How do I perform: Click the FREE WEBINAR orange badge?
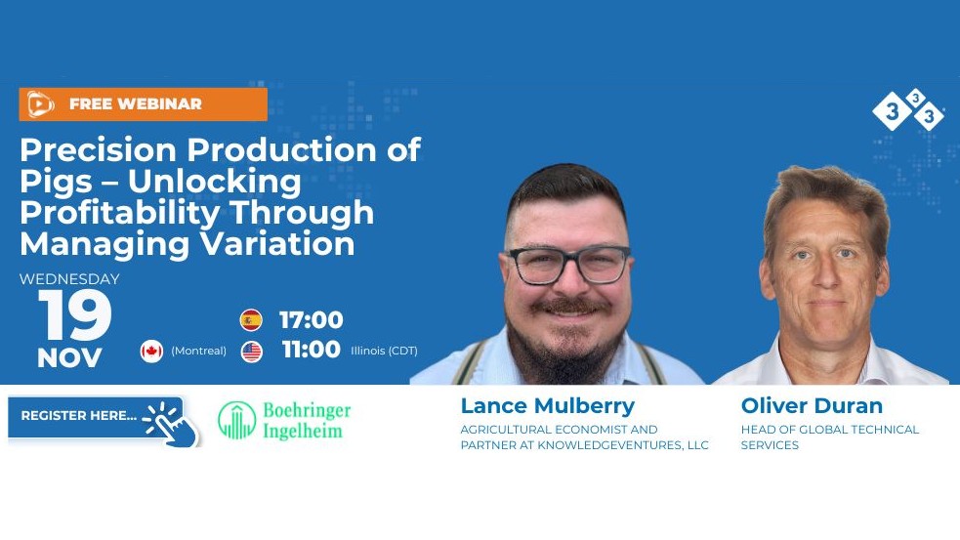144,104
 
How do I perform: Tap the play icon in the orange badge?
40,104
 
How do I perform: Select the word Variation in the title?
277,244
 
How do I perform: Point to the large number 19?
75,316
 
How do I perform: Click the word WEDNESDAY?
69,279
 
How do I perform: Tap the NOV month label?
69,358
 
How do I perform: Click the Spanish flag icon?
251,319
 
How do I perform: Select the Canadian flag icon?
151,351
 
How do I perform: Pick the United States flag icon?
252,352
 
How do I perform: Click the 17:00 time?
311,320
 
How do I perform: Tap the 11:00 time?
311,350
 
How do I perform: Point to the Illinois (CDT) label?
384,351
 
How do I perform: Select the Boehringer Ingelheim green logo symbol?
237,420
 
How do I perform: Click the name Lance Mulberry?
547,405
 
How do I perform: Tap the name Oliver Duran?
812,405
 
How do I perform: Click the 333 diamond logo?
908,109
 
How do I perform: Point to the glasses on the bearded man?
568,265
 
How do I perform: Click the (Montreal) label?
198,351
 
